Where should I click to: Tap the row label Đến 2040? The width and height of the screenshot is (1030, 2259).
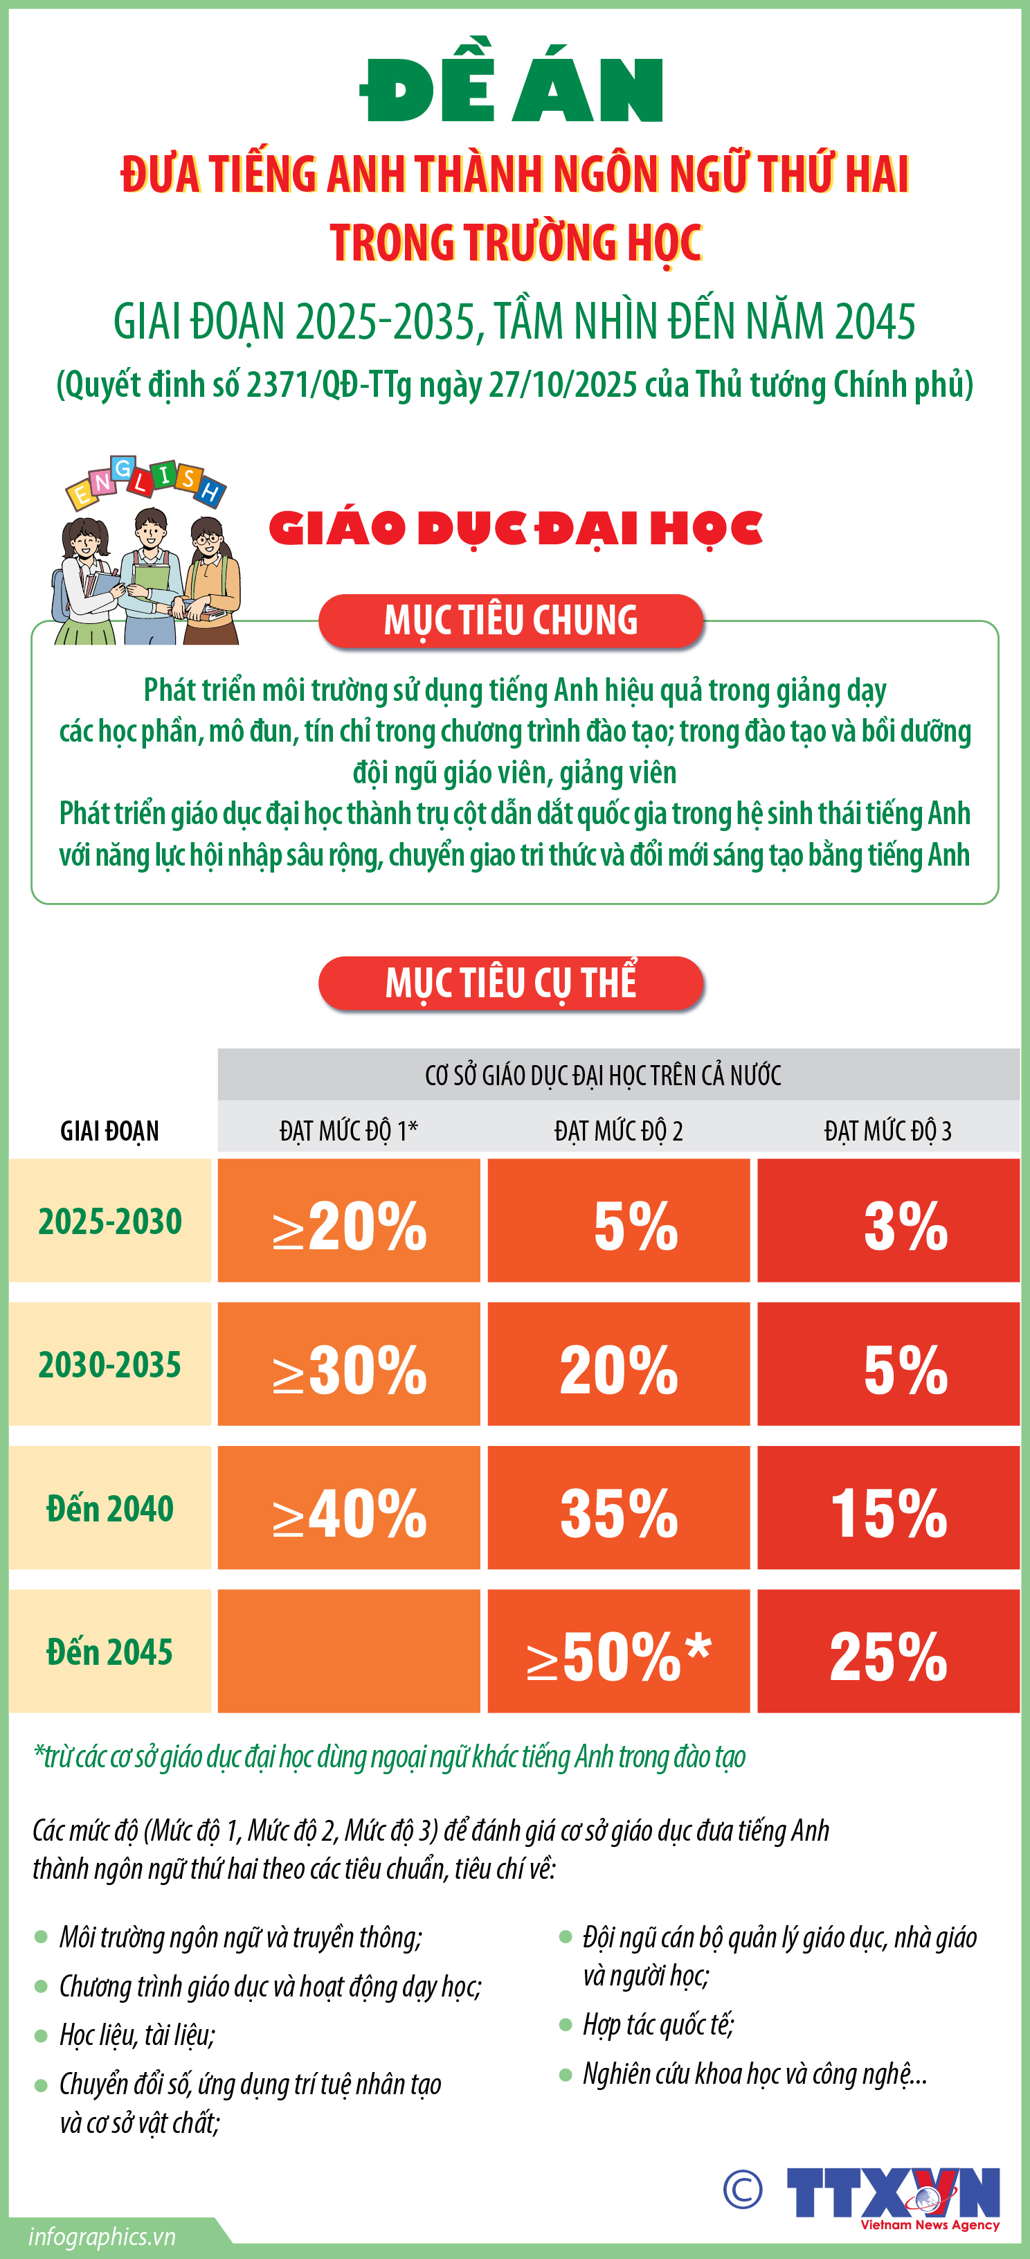click(109, 1509)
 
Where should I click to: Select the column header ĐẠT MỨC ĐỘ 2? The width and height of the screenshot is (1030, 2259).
click(618, 1130)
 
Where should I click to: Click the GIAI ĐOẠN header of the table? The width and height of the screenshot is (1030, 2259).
click(109, 1130)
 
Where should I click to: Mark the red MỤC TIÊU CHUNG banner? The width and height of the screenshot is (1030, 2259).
click(511, 621)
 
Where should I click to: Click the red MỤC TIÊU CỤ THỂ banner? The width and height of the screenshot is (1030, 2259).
click(511, 983)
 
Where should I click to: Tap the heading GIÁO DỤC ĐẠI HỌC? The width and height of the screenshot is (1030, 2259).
click(516, 529)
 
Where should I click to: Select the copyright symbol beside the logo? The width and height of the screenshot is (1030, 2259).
click(743, 2190)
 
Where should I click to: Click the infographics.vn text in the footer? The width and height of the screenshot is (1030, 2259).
click(102, 2236)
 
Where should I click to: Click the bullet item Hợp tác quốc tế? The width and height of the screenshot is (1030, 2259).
click(658, 2024)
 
